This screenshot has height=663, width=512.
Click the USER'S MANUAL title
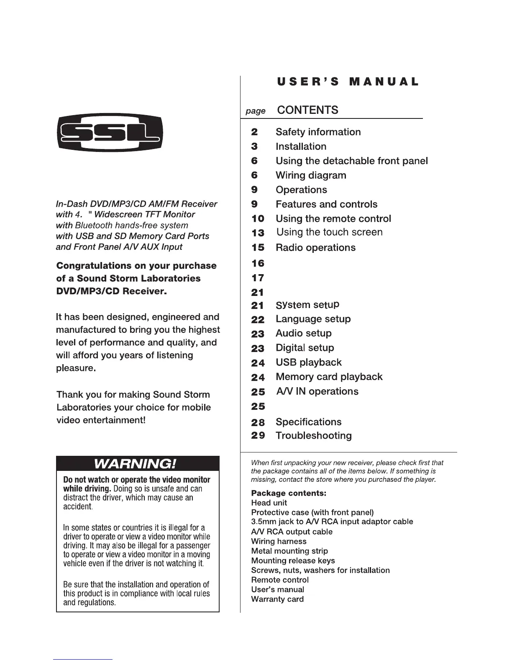coord(348,81)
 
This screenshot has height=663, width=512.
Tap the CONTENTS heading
coord(307,110)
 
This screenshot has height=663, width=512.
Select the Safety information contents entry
coord(318,132)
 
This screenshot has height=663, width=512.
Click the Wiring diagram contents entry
coord(311,175)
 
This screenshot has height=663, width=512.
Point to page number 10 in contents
coord(258,218)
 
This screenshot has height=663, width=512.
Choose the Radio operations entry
coord(315,247)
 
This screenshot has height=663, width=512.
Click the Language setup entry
coord(313,319)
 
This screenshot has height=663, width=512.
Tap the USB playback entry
coord(308,362)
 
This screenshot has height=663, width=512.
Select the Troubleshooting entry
coord(313,436)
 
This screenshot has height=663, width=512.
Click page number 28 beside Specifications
coord(258,423)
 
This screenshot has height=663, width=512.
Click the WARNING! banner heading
coord(136,464)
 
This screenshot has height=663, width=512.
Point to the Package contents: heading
coord(289,493)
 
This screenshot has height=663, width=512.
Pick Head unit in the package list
coord(269,503)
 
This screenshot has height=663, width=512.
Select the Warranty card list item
coord(277,599)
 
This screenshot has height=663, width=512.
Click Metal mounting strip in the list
coord(289,551)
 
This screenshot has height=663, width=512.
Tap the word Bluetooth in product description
coord(97,225)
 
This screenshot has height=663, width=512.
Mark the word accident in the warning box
coord(77,506)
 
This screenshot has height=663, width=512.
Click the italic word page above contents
coord(255,111)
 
